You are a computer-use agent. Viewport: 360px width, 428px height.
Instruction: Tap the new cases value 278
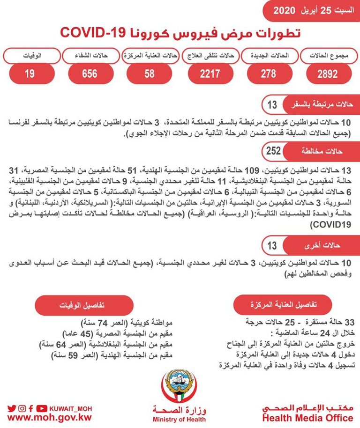(268, 74)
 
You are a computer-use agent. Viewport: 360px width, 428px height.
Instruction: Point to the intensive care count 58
(150, 74)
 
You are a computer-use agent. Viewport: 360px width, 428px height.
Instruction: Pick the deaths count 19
(30, 74)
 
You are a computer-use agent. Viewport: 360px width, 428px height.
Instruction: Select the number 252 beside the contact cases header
(273, 151)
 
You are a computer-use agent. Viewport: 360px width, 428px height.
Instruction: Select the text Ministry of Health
(179, 420)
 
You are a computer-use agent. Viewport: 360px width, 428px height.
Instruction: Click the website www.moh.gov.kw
(49, 417)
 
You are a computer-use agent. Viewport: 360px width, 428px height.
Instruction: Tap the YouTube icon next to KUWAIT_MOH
(42, 408)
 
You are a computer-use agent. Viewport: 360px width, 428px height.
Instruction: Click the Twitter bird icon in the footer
(12, 408)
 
